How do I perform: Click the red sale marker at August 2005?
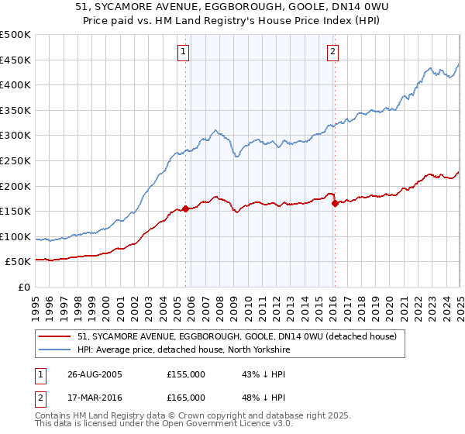[x=186, y=208]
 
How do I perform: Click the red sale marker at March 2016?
[x=335, y=204]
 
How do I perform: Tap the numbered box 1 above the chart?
[x=184, y=53]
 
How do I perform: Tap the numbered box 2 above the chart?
[x=332, y=53]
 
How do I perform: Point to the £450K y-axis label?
[x=16, y=60]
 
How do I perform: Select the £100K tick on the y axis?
[x=16, y=236]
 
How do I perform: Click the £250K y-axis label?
[x=16, y=160]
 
